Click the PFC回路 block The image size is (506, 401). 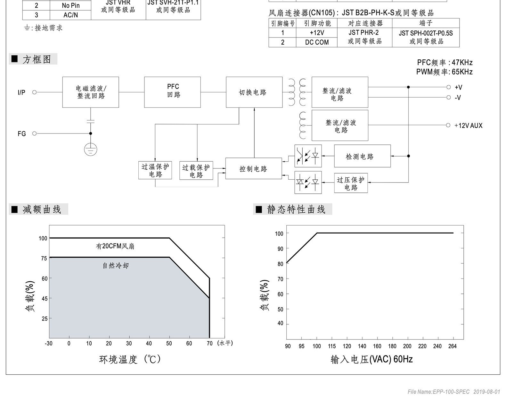tap(172, 92)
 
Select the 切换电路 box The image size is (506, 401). tap(254, 92)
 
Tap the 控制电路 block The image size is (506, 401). tap(253, 168)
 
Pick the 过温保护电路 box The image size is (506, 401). tap(155, 170)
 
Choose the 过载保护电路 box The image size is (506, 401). tap(196, 171)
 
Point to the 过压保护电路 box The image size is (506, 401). tap(351, 183)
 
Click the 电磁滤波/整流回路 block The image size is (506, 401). tap(91, 92)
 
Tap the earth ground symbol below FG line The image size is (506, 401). tap(91, 149)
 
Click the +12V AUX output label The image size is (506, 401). tap(468, 125)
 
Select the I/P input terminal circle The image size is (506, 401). tap(35, 92)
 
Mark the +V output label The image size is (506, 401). tap(458, 87)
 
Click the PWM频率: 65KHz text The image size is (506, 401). tap(444, 72)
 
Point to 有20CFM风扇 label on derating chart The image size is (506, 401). tap(115, 246)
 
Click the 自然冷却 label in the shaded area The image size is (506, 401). tap(115, 266)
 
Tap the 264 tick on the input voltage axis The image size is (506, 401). tap(453, 346)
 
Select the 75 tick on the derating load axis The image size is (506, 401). tap(44, 258)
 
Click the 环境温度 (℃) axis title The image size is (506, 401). tap(130, 359)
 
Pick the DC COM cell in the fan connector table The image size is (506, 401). tap(316, 42)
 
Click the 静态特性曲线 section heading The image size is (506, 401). tap(296, 209)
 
